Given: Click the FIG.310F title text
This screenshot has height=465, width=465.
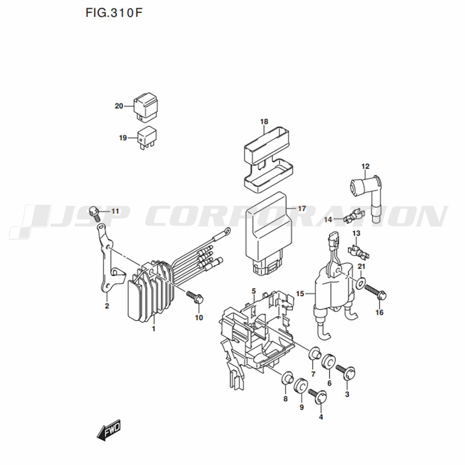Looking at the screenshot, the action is click(114, 13).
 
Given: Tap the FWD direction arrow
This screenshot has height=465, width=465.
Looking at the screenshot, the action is click(109, 429).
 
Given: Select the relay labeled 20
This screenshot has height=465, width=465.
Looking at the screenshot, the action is click(146, 107).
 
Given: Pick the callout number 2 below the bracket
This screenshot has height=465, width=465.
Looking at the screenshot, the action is click(107, 306).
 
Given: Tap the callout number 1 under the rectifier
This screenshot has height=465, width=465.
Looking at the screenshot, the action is click(153, 329).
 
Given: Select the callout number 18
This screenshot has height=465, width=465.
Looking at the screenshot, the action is click(264, 121).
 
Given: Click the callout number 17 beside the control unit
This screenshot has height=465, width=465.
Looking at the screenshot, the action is click(302, 208).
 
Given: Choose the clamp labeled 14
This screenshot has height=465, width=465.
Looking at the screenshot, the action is click(354, 216).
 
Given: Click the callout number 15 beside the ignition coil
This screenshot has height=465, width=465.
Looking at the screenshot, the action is click(300, 293).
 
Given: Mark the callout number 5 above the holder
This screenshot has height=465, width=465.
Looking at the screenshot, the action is click(253, 291).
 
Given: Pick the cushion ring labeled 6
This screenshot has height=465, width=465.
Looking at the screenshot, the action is click(329, 362).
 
